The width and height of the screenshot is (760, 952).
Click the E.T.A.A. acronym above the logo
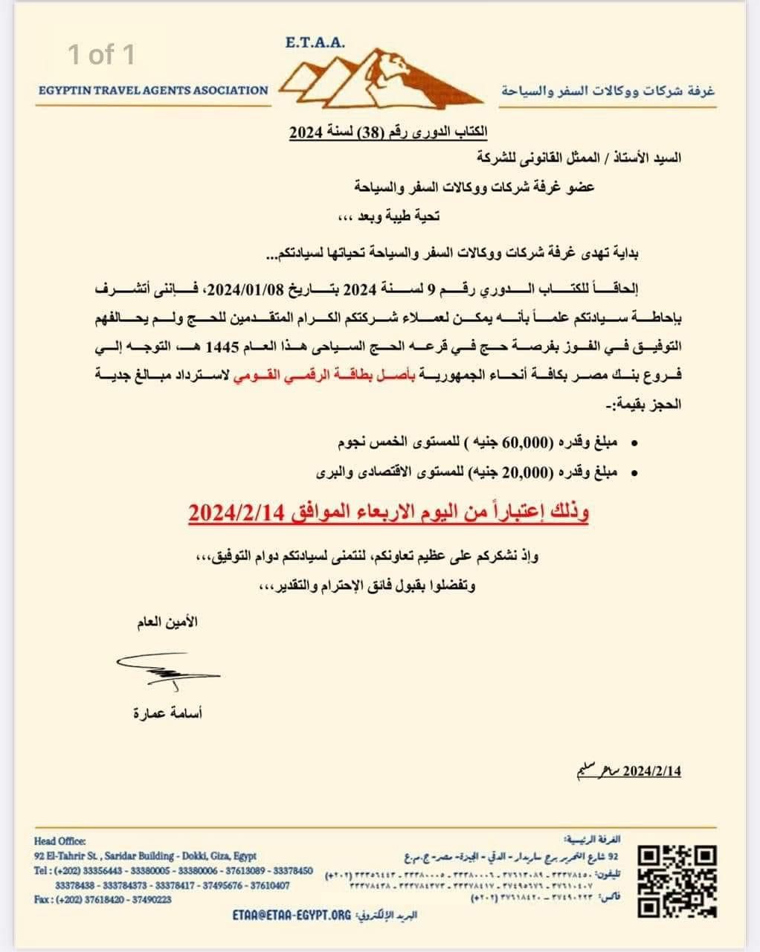(315, 43)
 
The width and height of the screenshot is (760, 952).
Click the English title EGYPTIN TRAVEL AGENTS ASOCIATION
(153, 91)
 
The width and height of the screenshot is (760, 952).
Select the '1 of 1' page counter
(101, 54)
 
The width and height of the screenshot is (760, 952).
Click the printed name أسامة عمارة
(167, 713)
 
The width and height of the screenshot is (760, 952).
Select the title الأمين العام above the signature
(167, 622)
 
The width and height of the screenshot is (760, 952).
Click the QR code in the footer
(678, 881)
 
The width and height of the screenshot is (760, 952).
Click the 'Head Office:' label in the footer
(60, 841)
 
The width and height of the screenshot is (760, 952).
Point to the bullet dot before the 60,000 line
(634, 444)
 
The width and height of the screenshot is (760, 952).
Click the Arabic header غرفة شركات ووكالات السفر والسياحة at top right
(608, 91)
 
